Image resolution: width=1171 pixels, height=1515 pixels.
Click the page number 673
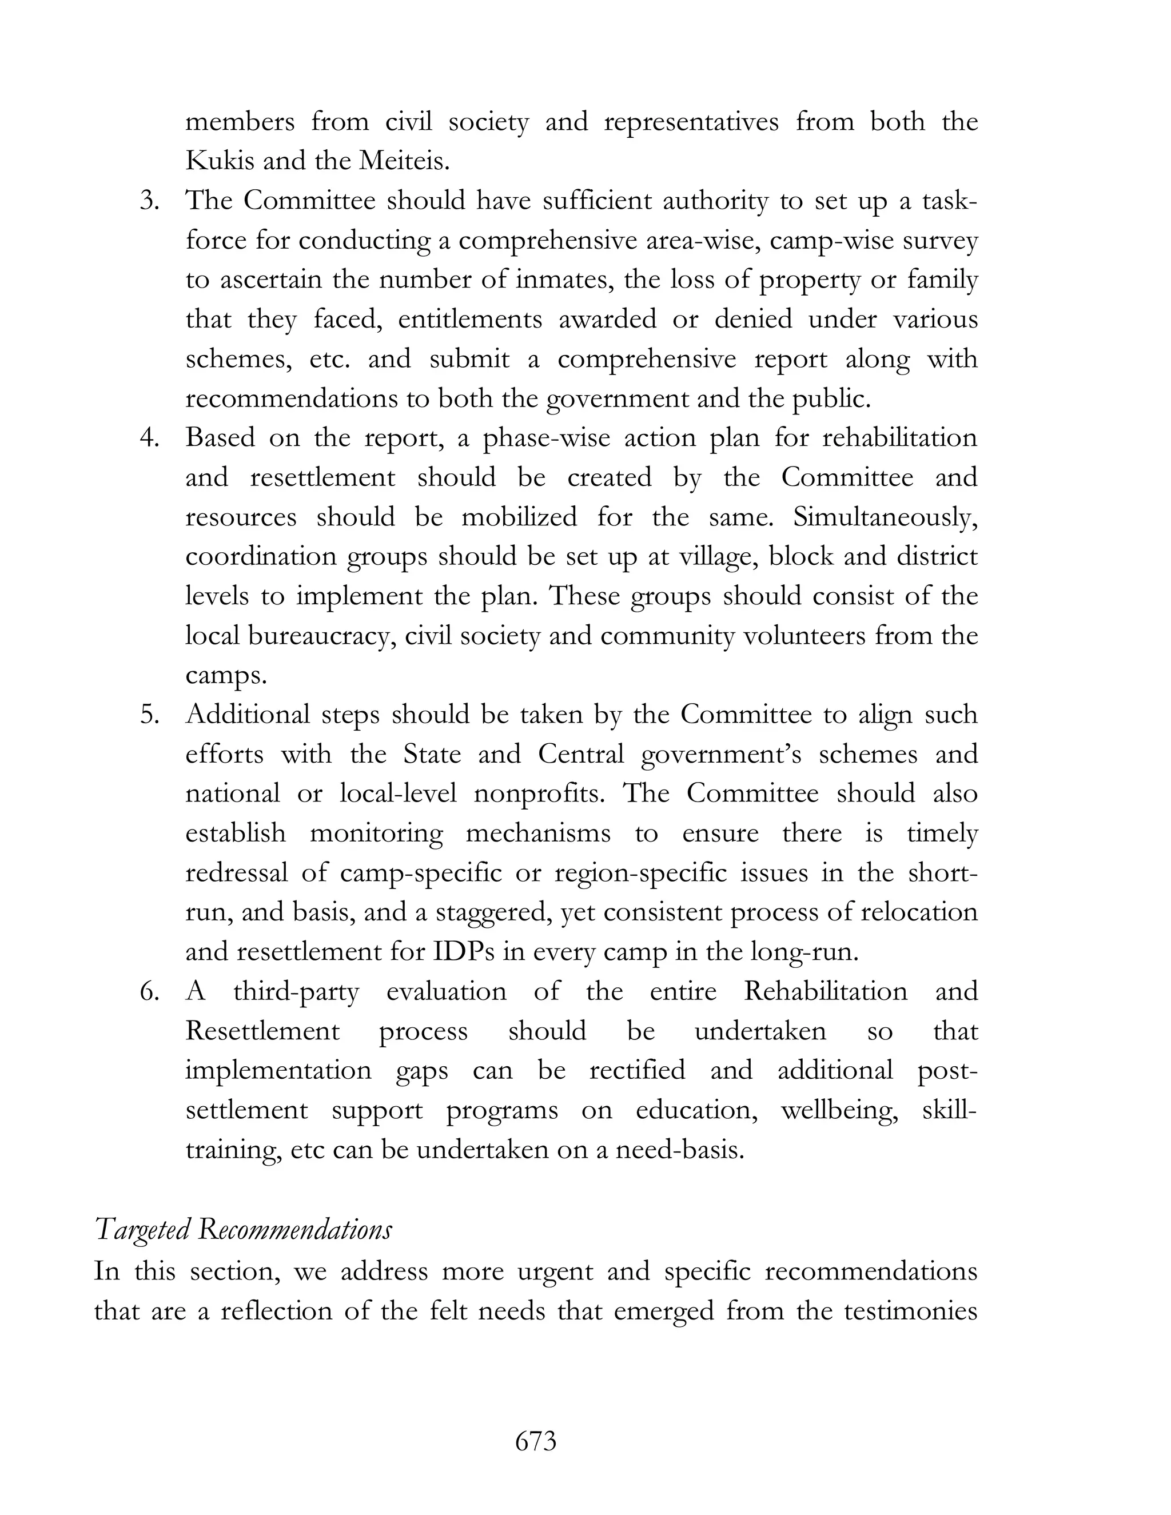click(536, 1441)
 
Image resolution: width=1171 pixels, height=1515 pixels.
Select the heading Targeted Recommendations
click(243, 1230)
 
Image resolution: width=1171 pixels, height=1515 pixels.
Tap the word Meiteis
click(404, 161)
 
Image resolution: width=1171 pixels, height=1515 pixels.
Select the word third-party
click(296, 992)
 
